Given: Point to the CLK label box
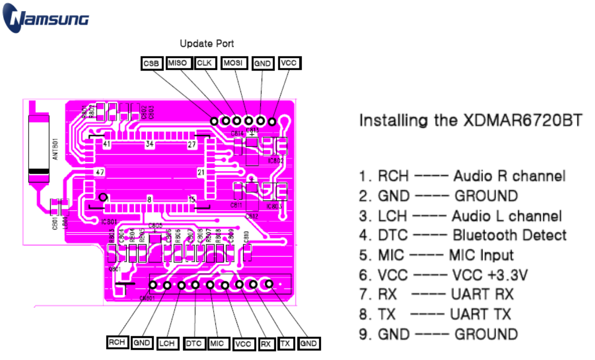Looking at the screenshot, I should [205, 63].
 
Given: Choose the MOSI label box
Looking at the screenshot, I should [233, 63].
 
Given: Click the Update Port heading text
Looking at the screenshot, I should [207, 44].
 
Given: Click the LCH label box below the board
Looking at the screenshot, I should [167, 343].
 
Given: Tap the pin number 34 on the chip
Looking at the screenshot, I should [150, 144].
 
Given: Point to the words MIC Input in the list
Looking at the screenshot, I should [481, 255].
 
